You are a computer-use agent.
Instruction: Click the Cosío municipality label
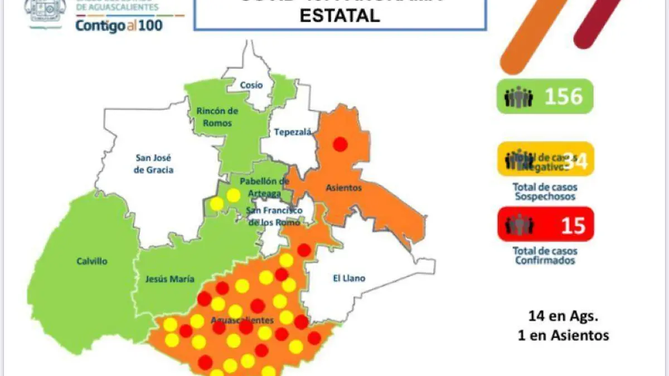point(251,85)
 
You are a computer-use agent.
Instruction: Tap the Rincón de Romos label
point(217,117)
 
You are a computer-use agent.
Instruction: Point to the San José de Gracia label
point(154,163)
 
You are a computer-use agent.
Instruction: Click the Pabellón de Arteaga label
point(264,187)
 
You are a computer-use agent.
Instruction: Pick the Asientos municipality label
point(343,188)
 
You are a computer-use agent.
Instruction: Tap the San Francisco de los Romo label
point(274,216)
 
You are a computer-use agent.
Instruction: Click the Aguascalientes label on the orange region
point(242,320)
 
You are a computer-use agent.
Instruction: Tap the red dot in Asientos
point(340,145)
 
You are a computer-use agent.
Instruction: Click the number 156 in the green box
point(563,97)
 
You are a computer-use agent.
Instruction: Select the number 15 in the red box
point(573,226)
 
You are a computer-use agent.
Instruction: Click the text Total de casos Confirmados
point(545,255)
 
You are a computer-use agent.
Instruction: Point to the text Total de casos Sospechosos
point(545,192)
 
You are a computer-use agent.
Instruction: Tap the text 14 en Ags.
point(563,316)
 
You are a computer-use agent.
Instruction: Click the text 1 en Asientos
point(563,335)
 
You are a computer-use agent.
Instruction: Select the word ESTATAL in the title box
point(340,16)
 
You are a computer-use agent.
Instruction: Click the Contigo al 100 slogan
point(119,26)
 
